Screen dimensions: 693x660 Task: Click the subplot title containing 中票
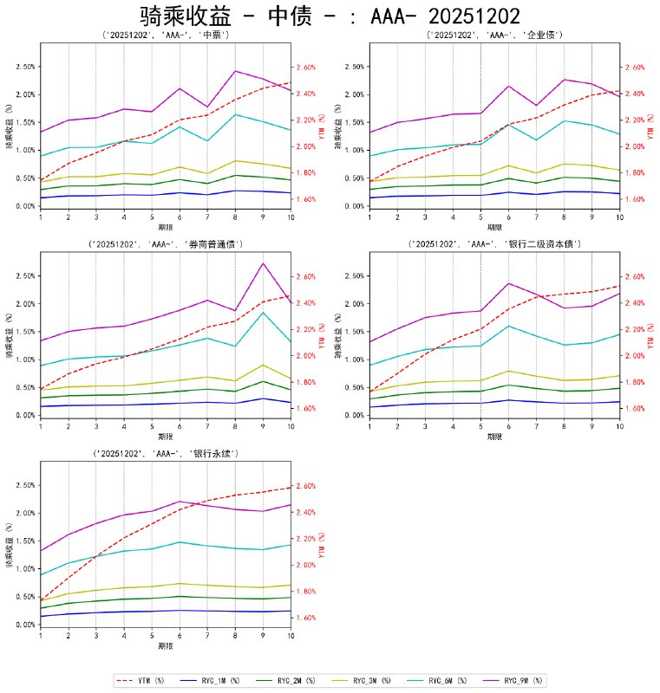pyautogui.click(x=165, y=36)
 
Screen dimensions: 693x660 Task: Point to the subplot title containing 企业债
pyautogui.click(x=494, y=36)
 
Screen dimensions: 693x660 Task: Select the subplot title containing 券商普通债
pyautogui.click(x=165, y=245)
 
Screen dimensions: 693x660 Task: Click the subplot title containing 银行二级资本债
pyautogui.click(x=494, y=245)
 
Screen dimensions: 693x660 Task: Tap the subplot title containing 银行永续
pyautogui.click(x=165, y=454)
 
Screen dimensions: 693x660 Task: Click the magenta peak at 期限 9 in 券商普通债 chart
pyautogui.click(x=263, y=263)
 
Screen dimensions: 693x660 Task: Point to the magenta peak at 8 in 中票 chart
pyautogui.click(x=235, y=71)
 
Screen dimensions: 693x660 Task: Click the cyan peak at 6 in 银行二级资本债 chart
pyautogui.click(x=508, y=326)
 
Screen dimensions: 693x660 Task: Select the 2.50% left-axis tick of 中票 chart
pyautogui.click(x=25, y=67)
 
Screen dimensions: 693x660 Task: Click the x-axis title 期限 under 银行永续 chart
pyautogui.click(x=165, y=646)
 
